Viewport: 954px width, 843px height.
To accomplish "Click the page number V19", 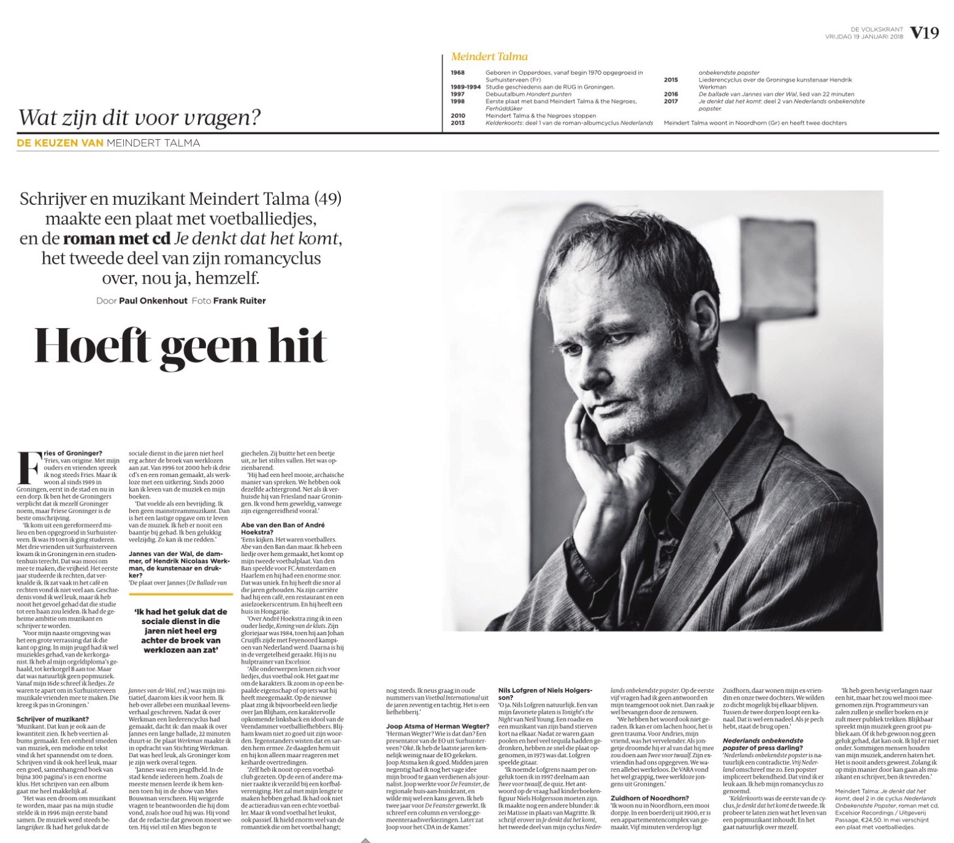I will (x=924, y=33).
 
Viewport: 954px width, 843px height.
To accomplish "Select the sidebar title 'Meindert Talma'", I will (x=489, y=56).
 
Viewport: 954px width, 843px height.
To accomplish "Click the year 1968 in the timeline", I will (x=457, y=72).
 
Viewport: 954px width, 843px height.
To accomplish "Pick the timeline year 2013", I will (x=457, y=123).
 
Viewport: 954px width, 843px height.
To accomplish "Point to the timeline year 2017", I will (x=671, y=101).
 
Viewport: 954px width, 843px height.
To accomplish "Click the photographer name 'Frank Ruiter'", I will (x=239, y=300).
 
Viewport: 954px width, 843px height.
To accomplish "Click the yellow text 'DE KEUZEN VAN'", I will (x=59, y=143).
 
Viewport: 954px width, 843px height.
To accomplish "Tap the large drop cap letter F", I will (x=29, y=468).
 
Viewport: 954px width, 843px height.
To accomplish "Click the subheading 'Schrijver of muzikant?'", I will (x=53, y=719).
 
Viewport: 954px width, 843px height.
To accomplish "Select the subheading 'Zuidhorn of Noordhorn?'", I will (x=649, y=798).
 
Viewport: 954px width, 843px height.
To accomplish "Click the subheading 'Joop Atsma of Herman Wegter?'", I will (x=437, y=727).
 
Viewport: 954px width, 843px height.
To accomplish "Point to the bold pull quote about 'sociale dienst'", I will (x=180, y=630).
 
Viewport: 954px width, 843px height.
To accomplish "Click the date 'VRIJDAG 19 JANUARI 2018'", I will (x=864, y=36).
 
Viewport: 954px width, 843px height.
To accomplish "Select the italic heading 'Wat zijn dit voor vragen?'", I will (x=140, y=116).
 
